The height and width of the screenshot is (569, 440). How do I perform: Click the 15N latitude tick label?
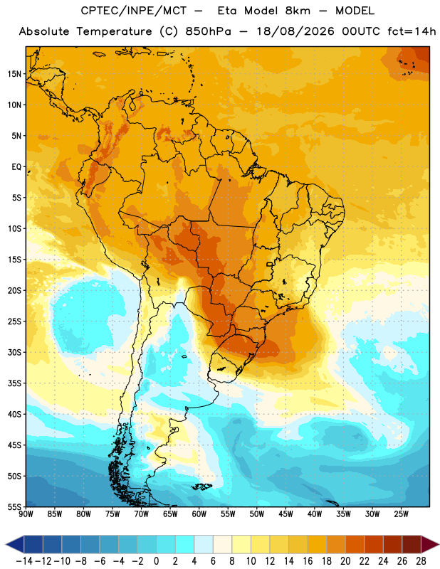(14, 74)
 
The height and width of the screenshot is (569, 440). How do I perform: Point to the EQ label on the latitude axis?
(16, 167)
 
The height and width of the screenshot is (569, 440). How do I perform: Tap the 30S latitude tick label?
(14, 352)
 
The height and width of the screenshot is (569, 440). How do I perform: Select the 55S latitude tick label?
(14, 506)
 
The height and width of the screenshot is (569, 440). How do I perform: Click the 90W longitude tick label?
(26, 514)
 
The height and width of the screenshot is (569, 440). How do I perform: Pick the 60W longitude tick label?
(199, 514)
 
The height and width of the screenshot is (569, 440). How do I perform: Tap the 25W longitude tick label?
(401, 514)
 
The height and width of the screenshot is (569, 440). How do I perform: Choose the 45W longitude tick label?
(286, 514)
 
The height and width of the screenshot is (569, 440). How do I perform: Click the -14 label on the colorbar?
(24, 561)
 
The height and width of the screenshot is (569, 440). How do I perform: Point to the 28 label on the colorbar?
(421, 561)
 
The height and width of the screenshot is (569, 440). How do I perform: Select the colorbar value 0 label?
(157, 561)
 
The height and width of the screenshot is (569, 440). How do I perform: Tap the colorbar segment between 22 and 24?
(374, 545)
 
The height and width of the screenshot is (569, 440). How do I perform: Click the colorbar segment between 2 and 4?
(185, 545)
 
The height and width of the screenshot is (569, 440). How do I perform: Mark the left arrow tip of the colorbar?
(6, 545)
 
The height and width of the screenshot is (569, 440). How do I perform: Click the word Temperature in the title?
(114, 32)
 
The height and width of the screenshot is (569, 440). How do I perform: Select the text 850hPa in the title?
(208, 31)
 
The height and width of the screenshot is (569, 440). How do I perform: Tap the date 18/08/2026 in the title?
(295, 31)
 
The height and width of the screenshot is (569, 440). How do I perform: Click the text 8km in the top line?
(298, 11)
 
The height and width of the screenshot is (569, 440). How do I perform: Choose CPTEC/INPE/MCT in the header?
(134, 11)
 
